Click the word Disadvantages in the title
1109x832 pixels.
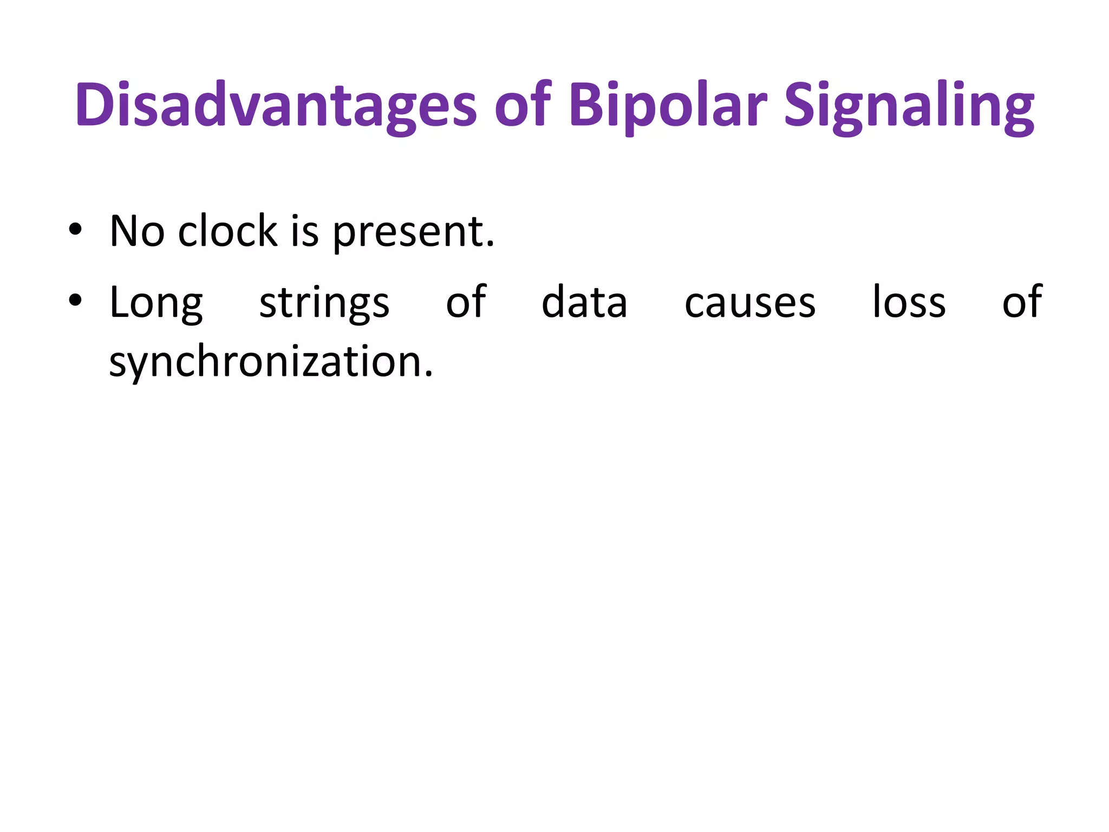(276, 105)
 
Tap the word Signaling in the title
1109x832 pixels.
(909, 105)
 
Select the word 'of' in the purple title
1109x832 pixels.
(522, 105)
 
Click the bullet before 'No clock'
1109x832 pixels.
(75, 230)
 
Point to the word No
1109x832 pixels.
(137, 231)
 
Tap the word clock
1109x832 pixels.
(227, 231)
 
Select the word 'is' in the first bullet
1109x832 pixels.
(304, 231)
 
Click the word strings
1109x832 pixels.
(324, 303)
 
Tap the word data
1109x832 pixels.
(584, 302)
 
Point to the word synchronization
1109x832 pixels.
(265, 362)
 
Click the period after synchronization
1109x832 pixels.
(429, 374)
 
